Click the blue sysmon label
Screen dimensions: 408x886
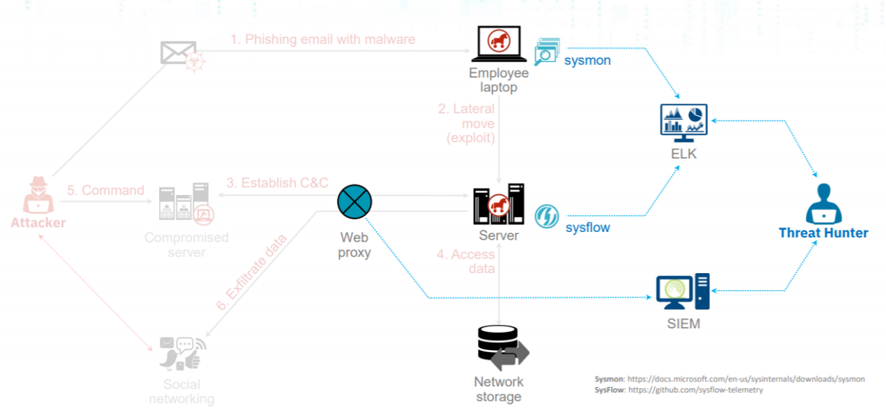point(587,60)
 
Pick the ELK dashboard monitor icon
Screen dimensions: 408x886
point(684,120)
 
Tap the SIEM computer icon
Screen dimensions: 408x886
point(683,292)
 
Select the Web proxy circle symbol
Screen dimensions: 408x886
point(355,203)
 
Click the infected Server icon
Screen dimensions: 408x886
point(498,205)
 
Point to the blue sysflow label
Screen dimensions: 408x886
point(587,227)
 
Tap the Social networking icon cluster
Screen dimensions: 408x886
point(181,353)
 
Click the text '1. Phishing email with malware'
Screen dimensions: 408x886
point(323,39)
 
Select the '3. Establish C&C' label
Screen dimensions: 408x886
point(277,183)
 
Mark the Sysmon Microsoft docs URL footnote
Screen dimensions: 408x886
point(730,379)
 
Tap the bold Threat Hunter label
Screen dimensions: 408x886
point(823,233)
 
